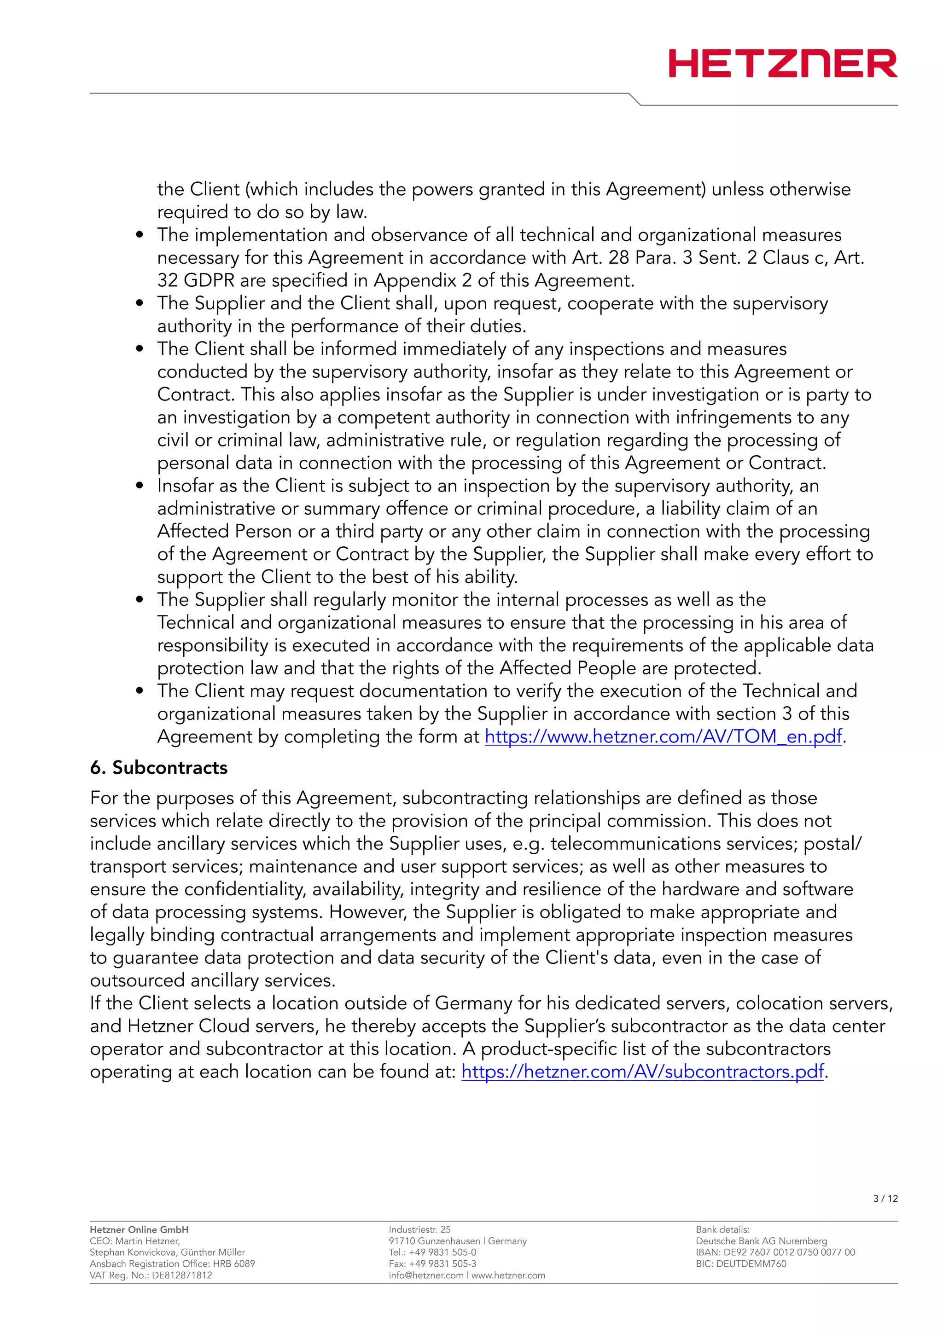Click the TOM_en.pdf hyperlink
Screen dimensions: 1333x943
(663, 737)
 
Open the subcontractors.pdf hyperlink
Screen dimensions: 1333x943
(643, 1072)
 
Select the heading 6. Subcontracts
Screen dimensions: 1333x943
(158, 768)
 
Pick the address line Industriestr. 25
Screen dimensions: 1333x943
(419, 1229)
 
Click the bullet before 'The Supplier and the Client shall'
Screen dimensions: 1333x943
(140, 304)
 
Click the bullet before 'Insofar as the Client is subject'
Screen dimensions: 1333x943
(140, 486)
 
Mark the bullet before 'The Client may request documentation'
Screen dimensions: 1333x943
(140, 691)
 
